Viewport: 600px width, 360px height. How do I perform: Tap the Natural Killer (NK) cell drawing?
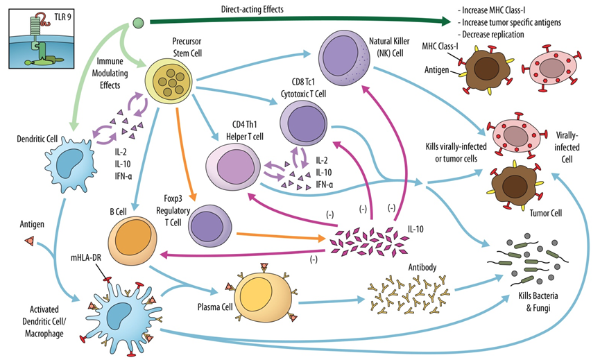351,58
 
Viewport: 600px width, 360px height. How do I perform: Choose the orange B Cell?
132,239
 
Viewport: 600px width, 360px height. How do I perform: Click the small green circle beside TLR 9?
138,23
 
